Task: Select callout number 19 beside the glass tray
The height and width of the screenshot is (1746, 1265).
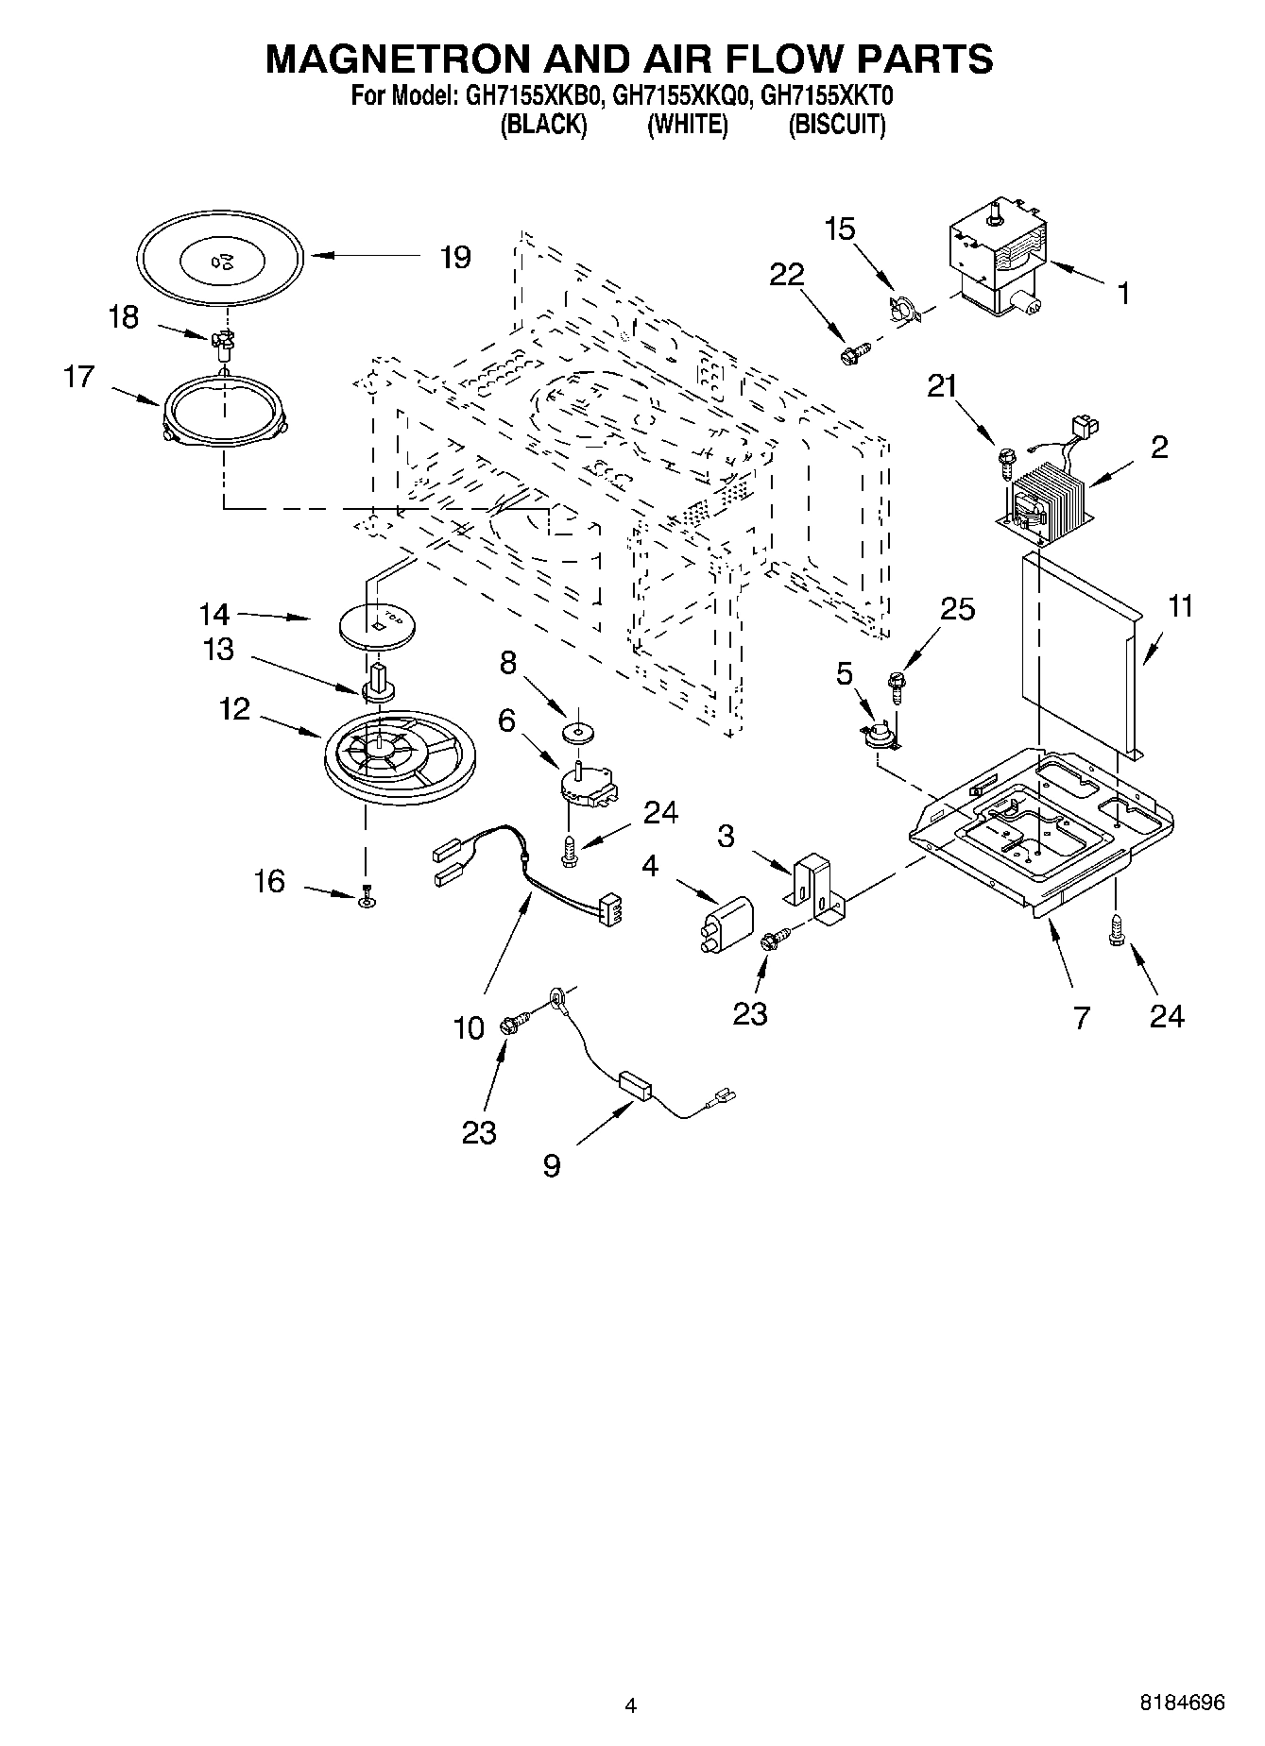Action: [x=455, y=257]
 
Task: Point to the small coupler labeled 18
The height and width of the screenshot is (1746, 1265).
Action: [x=224, y=347]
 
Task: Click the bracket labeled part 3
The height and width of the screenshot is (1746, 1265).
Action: [x=815, y=889]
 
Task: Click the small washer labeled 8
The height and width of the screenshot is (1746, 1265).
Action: [x=573, y=732]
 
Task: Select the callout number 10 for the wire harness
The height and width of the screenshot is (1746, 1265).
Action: [x=470, y=1027]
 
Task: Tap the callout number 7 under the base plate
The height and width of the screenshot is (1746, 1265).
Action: [x=1081, y=1017]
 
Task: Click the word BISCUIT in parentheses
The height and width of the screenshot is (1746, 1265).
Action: [x=837, y=125]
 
